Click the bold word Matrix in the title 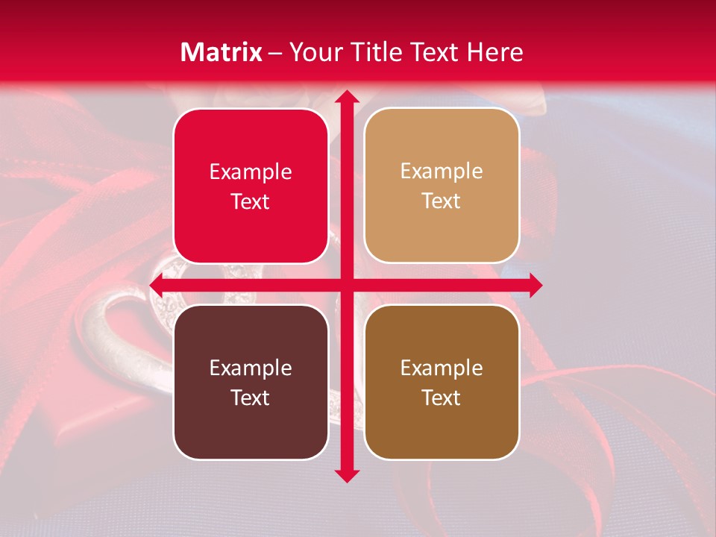222,52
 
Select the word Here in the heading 494,52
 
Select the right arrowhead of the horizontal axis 535,285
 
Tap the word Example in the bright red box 251,172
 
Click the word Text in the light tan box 442,201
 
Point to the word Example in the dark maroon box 251,368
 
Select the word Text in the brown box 442,398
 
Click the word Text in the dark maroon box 251,398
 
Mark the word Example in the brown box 442,368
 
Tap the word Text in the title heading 435,52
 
